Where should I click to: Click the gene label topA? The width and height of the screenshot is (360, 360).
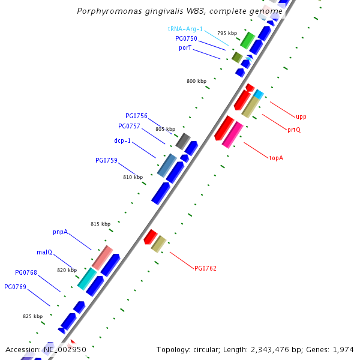(276, 158)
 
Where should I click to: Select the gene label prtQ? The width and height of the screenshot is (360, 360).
(294, 130)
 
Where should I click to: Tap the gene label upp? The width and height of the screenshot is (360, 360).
(301, 116)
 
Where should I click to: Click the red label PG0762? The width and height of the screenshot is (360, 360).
(206, 268)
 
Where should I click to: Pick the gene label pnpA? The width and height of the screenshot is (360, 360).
(60, 232)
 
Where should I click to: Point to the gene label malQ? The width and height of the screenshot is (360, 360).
(46, 252)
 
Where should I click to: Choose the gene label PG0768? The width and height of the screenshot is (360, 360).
(26, 272)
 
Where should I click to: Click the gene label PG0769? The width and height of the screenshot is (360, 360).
(15, 287)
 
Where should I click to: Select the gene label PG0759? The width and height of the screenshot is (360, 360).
(106, 160)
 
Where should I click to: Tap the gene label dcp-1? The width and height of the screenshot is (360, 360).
(122, 141)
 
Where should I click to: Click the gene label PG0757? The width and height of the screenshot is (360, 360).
(129, 126)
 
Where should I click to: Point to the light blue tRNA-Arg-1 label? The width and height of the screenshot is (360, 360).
(185, 29)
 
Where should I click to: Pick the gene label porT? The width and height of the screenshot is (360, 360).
(185, 47)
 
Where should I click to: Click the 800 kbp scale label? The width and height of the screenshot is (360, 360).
(196, 81)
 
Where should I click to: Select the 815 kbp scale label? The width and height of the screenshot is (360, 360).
(100, 224)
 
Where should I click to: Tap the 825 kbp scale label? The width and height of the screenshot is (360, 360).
(32, 316)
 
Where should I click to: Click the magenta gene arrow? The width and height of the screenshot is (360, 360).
(232, 134)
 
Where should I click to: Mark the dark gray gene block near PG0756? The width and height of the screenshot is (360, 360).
(183, 141)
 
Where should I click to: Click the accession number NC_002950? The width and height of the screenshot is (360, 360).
(65, 349)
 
